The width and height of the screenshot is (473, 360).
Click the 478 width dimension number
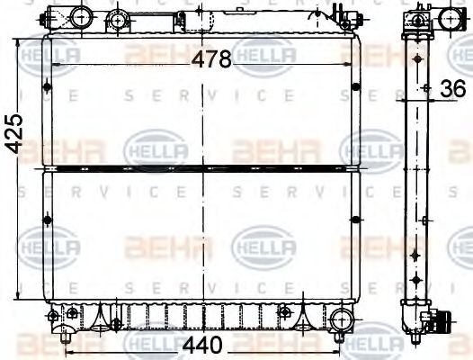[211, 58]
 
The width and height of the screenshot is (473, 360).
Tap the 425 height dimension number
[12, 135]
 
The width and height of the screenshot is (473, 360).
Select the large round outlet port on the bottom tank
[343, 318]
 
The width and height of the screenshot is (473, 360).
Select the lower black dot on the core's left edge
[46, 217]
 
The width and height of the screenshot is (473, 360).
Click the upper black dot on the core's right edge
[356, 87]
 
